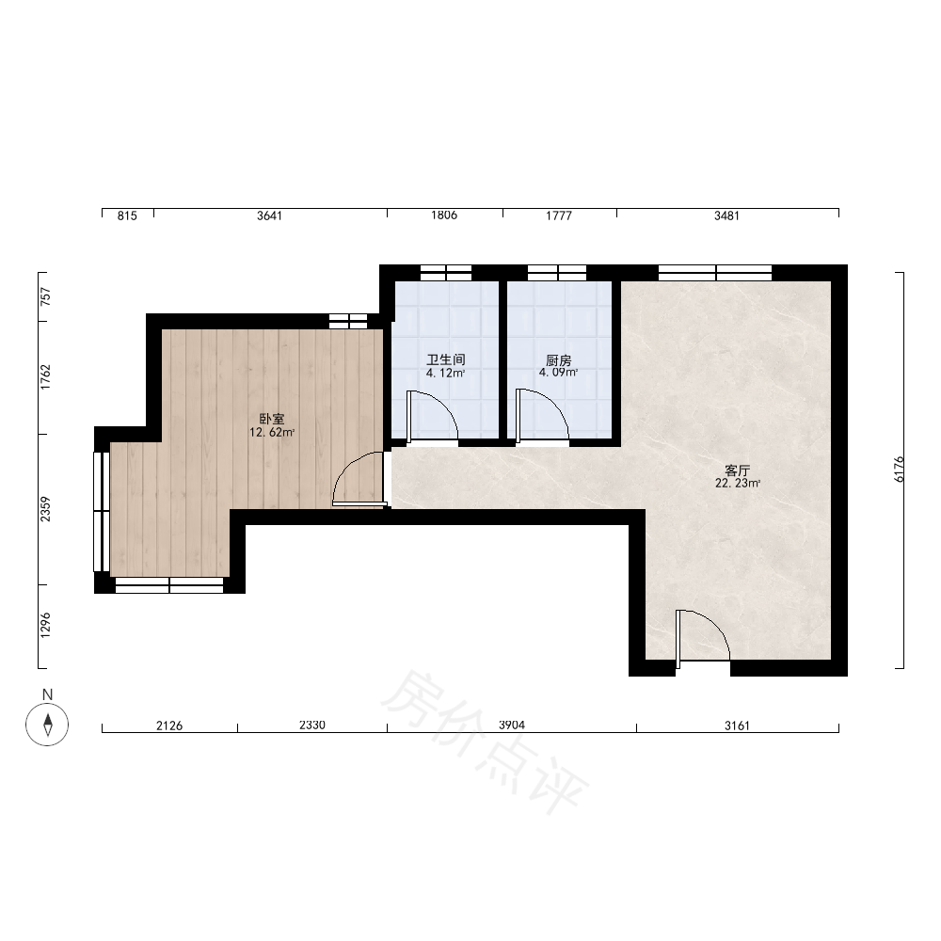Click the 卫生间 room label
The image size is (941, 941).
(x=446, y=360)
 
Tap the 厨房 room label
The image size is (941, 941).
(x=558, y=360)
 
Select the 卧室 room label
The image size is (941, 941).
(x=272, y=420)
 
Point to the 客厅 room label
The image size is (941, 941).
(x=738, y=470)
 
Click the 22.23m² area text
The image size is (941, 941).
(x=738, y=484)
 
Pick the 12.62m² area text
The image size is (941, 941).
(x=272, y=433)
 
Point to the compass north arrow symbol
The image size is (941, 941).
(x=47, y=724)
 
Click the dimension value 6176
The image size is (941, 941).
(x=899, y=470)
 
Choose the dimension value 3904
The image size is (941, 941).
(x=512, y=725)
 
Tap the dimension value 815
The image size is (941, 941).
(x=127, y=215)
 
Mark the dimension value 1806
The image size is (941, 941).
(x=444, y=215)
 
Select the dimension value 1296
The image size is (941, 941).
(x=45, y=626)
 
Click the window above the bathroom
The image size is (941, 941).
(x=446, y=273)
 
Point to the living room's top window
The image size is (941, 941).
(x=715, y=273)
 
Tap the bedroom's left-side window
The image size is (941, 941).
(x=102, y=511)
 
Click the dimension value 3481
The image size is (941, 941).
(x=726, y=215)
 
